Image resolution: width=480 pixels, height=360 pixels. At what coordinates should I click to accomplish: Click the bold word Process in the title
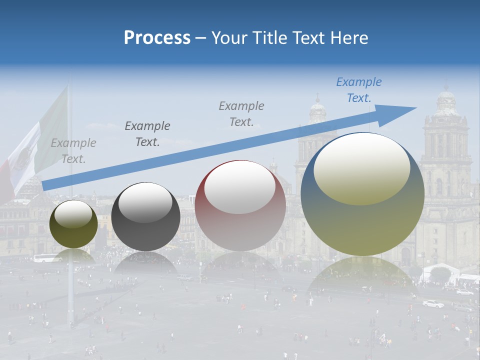[157, 38]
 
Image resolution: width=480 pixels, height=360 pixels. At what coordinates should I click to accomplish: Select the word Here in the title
[349, 38]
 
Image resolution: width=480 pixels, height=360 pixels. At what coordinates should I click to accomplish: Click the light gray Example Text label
[73, 151]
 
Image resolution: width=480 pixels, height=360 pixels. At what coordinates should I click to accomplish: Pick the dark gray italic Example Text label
[147, 134]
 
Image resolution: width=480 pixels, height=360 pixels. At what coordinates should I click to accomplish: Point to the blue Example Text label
[359, 90]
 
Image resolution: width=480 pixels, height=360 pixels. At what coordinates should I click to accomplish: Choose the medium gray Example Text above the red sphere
[241, 113]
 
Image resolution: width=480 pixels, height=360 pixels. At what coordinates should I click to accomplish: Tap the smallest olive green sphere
[73, 224]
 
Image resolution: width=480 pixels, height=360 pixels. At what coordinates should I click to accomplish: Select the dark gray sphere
[145, 216]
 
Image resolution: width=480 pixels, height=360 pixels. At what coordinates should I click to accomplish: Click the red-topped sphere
[240, 205]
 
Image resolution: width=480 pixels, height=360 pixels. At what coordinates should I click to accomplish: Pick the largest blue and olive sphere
[362, 194]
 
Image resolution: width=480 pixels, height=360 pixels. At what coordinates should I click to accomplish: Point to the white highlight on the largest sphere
[362, 168]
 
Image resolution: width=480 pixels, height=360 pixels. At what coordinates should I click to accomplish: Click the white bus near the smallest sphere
[47, 258]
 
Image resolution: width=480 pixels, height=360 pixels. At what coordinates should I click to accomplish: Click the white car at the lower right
[433, 303]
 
